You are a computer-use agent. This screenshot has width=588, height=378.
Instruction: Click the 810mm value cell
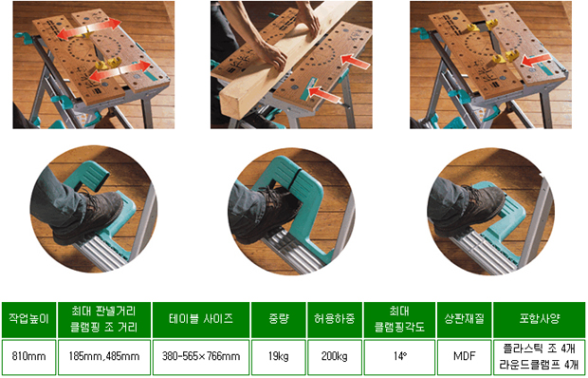click(28, 357)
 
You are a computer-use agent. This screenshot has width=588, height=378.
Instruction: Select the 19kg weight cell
click(279, 357)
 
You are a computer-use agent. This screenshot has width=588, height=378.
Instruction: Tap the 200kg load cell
click(335, 357)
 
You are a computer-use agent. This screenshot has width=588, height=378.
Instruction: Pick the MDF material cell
click(465, 357)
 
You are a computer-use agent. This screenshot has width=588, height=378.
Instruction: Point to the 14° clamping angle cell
click(399, 357)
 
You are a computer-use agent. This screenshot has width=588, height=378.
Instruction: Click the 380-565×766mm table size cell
click(201, 357)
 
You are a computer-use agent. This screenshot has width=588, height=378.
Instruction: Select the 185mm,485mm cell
click(104, 357)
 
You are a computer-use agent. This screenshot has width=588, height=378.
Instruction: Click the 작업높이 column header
click(28, 320)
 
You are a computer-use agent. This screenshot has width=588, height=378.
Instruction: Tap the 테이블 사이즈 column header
click(201, 320)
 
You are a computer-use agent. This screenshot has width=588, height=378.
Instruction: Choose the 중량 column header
click(279, 320)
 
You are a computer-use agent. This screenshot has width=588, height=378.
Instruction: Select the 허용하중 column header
click(335, 320)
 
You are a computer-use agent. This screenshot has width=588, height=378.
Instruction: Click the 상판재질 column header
click(465, 320)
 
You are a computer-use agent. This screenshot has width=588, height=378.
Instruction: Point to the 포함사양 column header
click(540, 320)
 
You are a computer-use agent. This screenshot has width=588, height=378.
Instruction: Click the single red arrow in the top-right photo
click(536, 61)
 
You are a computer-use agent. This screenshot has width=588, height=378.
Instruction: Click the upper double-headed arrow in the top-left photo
click(89, 28)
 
